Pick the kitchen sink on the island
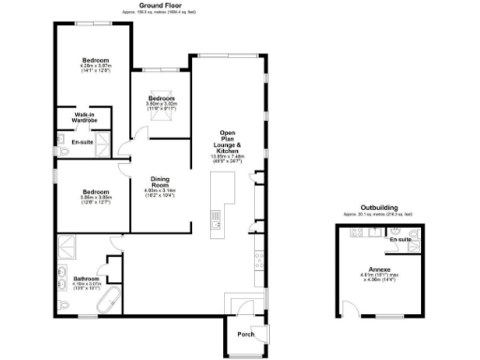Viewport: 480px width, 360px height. (215, 221)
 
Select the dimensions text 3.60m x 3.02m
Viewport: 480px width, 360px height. (161, 104)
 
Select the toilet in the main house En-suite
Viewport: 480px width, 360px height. (62, 143)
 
